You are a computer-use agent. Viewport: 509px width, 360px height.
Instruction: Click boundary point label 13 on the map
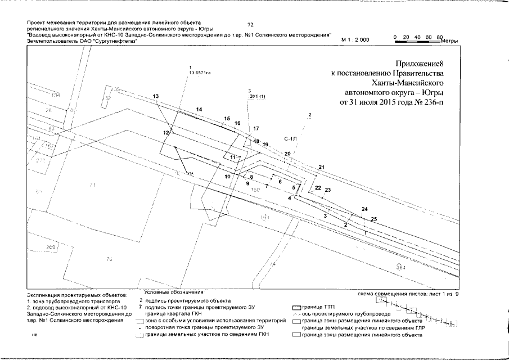coord(156,97)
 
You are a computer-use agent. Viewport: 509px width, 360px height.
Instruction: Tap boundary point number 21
coord(322,168)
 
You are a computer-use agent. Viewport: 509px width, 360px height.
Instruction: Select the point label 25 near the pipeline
coord(374,219)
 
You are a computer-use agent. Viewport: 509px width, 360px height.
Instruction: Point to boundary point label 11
coord(232,157)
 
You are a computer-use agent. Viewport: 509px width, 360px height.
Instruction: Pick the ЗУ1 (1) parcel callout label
coord(256,96)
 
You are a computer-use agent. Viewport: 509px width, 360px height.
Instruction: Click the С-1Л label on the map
coord(290,137)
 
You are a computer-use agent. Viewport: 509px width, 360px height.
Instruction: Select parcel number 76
coord(109,259)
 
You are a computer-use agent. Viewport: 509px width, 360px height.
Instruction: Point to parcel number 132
coord(106,98)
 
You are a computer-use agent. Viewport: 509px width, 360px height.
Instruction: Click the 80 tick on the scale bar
coord(440,37)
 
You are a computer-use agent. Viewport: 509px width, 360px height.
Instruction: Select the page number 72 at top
coord(251,25)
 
